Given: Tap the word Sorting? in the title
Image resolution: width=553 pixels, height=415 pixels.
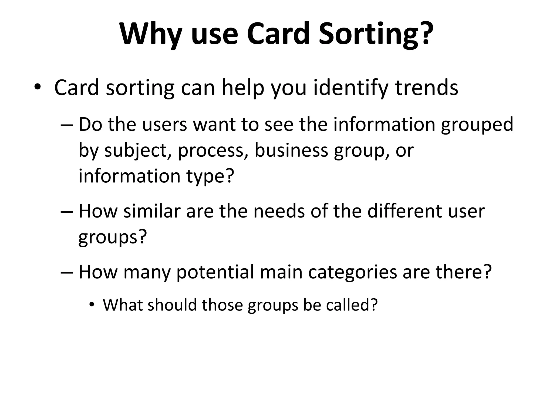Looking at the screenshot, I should point(376,34).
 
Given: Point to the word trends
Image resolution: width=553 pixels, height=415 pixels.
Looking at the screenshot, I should point(427,88).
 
